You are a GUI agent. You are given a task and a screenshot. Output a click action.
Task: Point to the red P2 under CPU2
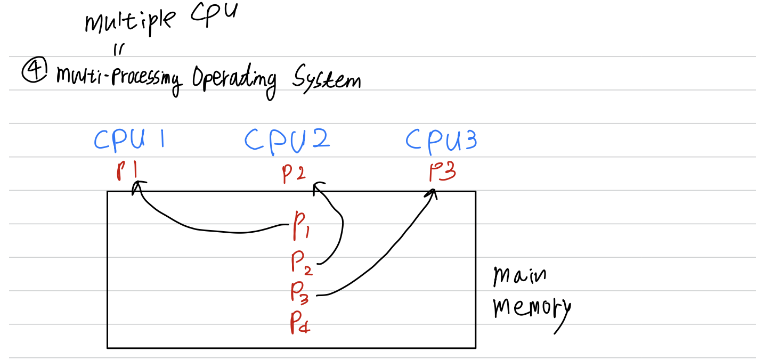[x=294, y=173]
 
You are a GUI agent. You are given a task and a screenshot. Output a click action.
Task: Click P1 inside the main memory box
[x=300, y=226]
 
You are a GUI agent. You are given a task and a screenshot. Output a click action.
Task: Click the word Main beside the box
[x=519, y=276]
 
